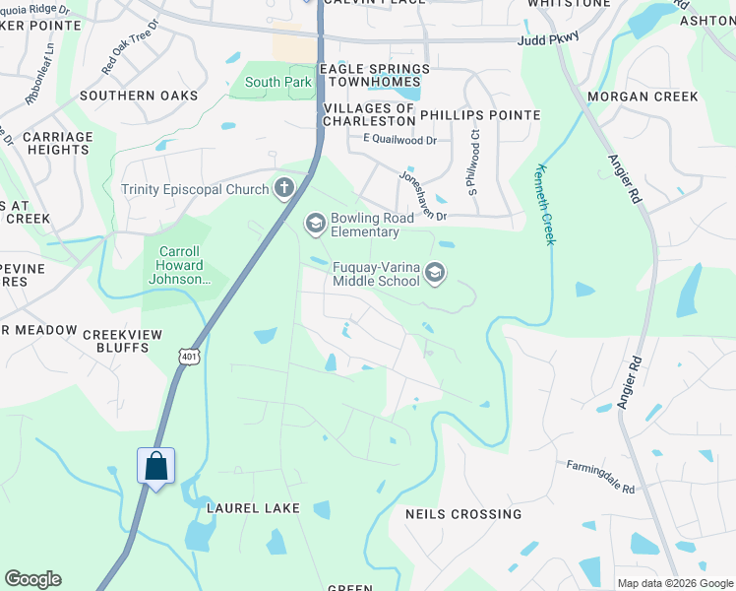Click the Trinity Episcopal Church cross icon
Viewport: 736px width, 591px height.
pyautogui.click(x=284, y=188)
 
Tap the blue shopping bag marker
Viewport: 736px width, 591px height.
pyautogui.click(x=156, y=465)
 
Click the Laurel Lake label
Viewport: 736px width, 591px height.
pyautogui.click(x=246, y=507)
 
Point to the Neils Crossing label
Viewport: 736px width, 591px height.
pyautogui.click(x=463, y=514)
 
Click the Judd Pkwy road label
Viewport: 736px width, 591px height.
pyautogui.click(x=549, y=40)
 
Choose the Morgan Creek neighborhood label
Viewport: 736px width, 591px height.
pyautogui.click(x=643, y=97)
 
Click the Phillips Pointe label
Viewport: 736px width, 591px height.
pyautogui.click(x=480, y=115)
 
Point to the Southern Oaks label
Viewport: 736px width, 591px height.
pyautogui.click(x=139, y=96)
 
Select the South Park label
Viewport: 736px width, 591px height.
pyautogui.click(x=278, y=83)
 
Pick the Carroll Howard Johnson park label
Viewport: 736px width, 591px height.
pyautogui.click(x=181, y=265)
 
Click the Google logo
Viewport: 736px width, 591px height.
pyautogui.click(x=32, y=579)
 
